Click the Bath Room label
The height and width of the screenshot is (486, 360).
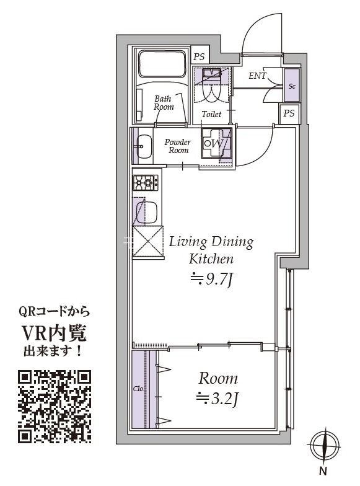point(163,102)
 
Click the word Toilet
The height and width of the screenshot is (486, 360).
point(211,115)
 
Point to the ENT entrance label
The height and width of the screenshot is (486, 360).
point(257,76)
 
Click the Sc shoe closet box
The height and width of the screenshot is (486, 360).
point(292,86)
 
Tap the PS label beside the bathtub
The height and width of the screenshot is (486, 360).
point(199,56)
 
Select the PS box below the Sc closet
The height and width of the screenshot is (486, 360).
point(289,113)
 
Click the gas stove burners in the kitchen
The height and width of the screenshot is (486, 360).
point(145,182)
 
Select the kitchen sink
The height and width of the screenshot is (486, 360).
point(147,213)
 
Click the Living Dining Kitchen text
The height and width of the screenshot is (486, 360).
point(211,250)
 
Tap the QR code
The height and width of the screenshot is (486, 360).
point(55,406)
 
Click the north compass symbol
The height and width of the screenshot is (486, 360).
point(325,445)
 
